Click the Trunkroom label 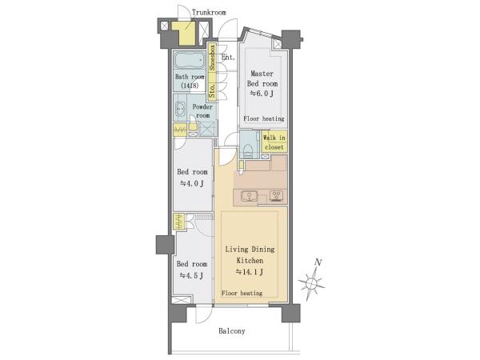[209, 13]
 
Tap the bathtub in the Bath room [190, 60]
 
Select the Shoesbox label [212, 58]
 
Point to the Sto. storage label [212, 91]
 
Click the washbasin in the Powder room [180, 108]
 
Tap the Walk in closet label [274, 142]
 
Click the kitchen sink [249, 196]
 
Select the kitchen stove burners [277, 196]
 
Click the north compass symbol [311, 283]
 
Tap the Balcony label [232, 331]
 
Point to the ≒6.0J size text [262, 94]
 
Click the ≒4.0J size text [192, 183]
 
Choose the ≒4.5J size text [191, 275]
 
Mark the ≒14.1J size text [250, 271]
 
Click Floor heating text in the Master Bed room [264, 118]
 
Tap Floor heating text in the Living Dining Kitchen [242, 293]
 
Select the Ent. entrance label [228, 58]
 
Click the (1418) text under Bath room [190, 86]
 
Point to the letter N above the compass [318, 262]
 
